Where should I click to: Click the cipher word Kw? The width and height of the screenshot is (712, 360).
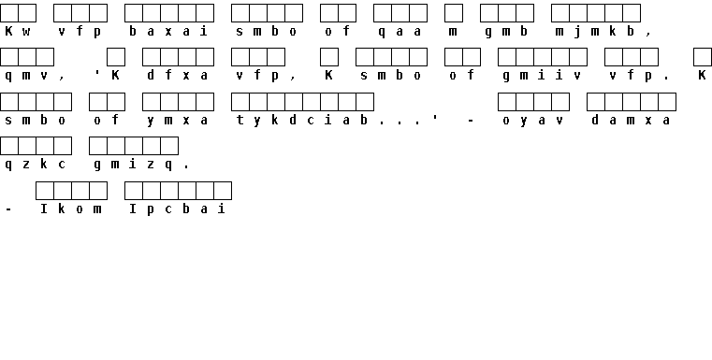tap(18, 31)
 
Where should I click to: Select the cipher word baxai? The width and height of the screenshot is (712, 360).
tap(168, 31)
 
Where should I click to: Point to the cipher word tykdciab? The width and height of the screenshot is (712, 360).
tap(301, 121)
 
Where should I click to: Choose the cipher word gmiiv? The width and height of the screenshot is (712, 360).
tap(542, 76)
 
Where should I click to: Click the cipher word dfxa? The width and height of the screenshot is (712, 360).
tap(177, 76)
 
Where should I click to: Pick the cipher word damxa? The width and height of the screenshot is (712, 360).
tap(631, 120)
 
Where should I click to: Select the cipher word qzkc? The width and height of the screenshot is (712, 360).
tap(36, 165)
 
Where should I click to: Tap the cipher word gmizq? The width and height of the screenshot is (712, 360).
tap(133, 165)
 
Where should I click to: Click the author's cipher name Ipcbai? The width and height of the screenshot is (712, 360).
tap(177, 209)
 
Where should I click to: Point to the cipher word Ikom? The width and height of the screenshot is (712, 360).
tap(71, 209)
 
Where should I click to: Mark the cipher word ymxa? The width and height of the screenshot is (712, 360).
tap(177, 121)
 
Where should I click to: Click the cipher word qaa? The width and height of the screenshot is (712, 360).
tap(400, 32)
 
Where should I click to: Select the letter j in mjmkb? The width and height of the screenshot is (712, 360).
tap(577, 32)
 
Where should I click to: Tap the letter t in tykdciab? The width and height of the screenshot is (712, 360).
tap(240, 120)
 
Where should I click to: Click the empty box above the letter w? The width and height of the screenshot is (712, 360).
tap(27, 13)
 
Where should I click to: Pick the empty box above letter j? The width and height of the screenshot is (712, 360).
tap(577, 13)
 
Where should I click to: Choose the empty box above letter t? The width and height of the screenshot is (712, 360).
tap(240, 102)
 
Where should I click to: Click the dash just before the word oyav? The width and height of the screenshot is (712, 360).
tap(471, 121)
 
